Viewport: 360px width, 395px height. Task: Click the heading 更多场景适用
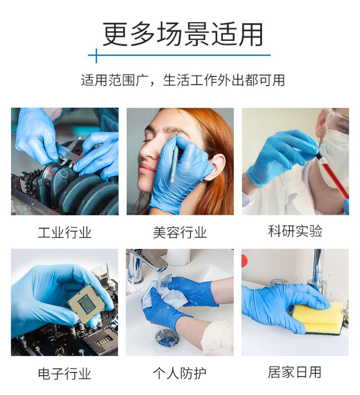pyautogui.click(x=183, y=34)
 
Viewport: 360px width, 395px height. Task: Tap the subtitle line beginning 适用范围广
pyautogui.click(x=183, y=80)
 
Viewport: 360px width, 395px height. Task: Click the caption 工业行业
pyautogui.click(x=64, y=232)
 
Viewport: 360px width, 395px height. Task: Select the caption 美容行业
pyautogui.click(x=180, y=232)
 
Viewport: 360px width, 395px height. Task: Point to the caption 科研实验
pyautogui.click(x=295, y=231)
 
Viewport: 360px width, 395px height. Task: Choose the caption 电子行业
pyautogui.click(x=64, y=373)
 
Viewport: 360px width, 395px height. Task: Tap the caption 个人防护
pyautogui.click(x=180, y=373)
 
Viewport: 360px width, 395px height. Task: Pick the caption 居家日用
pyautogui.click(x=295, y=372)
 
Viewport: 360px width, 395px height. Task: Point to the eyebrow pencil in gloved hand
pyautogui.click(x=175, y=159)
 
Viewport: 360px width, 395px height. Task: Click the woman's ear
pyautogui.click(x=217, y=167)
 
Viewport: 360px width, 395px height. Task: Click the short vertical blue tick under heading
pyautogui.click(x=96, y=56)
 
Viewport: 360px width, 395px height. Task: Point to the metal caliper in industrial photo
pyautogui.click(x=69, y=152)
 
